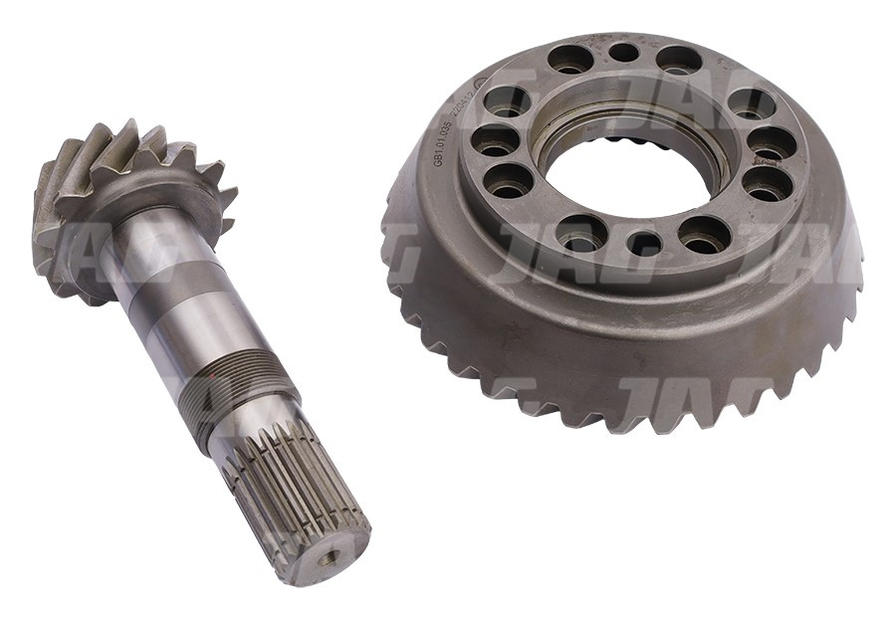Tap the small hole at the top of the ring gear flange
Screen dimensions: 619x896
pos(623,53)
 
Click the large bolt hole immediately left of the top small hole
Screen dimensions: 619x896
pos(570,60)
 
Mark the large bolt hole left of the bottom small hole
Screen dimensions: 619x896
pos(581,232)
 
